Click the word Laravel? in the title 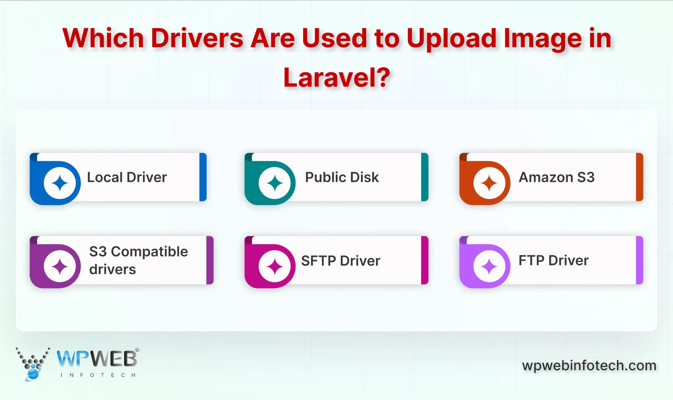[336, 78]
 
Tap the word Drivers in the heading [197, 38]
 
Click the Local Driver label [127, 178]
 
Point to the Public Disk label [342, 178]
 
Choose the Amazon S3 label [556, 178]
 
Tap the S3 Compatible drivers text [138, 260]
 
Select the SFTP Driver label [340, 261]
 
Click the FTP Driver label [553, 261]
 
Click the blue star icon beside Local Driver [60, 183]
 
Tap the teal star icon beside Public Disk [275, 183]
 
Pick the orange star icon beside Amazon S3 [489, 183]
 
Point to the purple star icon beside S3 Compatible [60, 267]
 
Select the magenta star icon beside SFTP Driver [275, 267]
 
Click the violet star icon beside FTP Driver [489, 267]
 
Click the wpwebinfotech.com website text [589, 366]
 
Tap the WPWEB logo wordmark [97, 359]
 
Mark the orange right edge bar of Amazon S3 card [639, 177]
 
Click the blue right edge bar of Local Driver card [203, 177]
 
